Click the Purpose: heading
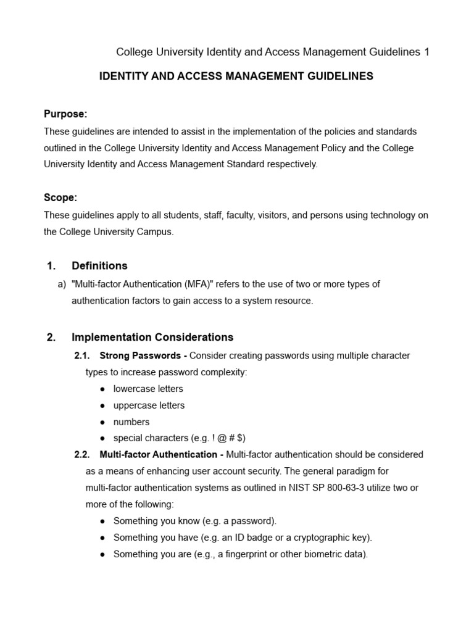point(65,114)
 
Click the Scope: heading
point(60,198)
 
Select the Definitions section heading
point(99,266)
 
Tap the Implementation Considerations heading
point(152,338)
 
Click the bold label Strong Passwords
point(141,356)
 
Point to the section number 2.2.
point(82,455)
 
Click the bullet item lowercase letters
point(148,389)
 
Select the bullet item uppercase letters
point(149,405)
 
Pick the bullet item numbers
point(131,422)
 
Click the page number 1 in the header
point(426,52)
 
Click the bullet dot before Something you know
point(102,521)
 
